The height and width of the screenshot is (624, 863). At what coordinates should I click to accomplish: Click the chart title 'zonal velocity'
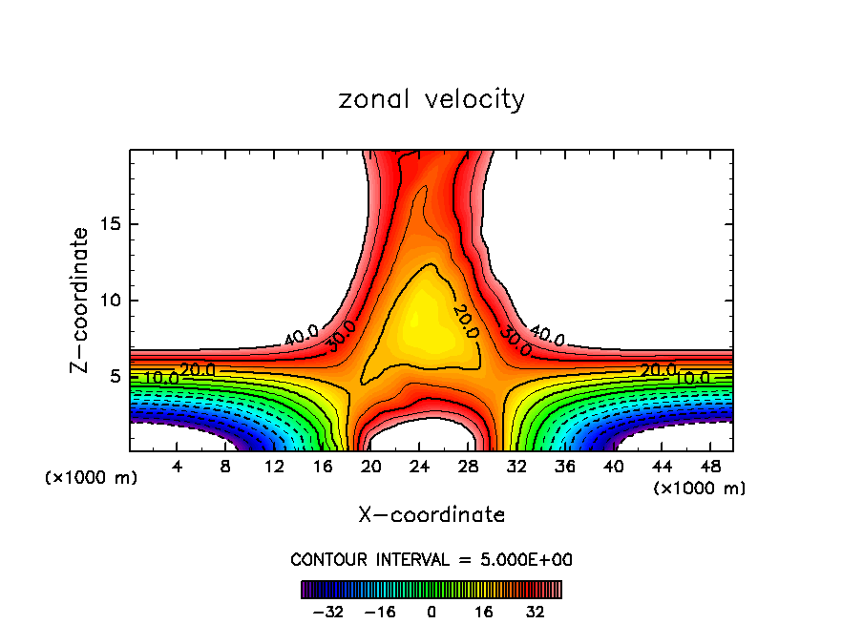pos(431,99)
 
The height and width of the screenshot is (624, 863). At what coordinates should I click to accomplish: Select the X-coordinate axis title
pos(431,515)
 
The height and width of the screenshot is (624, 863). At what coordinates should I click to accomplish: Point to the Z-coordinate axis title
pos(80,300)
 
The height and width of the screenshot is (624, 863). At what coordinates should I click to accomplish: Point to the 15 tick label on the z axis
pos(112,224)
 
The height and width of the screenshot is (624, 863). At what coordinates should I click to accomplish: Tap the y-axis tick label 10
pos(112,301)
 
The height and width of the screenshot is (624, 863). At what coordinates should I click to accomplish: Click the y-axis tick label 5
pos(116,377)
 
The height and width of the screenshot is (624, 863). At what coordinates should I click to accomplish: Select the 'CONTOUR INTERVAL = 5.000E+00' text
pos(431,559)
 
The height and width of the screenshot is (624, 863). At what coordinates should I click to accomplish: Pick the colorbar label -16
pos(380,611)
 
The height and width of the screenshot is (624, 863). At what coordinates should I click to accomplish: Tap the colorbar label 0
pos(431,611)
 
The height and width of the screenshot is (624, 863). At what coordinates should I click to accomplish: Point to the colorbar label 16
pos(483,611)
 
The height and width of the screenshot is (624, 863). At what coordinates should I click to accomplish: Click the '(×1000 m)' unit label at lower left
pos(92,477)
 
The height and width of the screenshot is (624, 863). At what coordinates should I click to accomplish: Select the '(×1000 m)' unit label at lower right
pos(700,488)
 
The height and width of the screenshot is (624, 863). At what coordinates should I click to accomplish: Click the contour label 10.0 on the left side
pos(160,378)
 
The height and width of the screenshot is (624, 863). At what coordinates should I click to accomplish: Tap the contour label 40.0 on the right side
pos(547,335)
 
